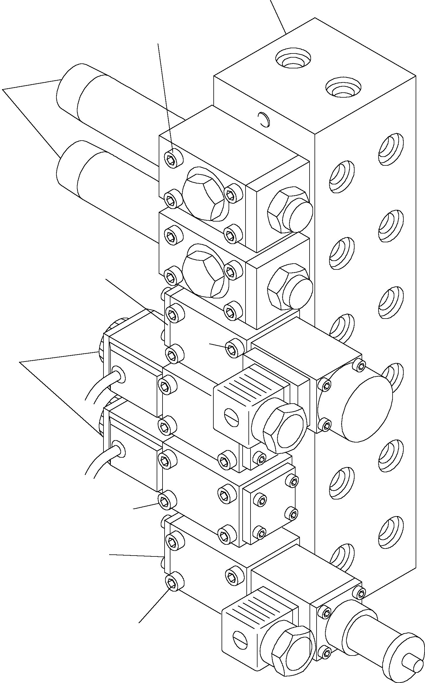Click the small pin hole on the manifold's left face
tap(264, 120)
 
